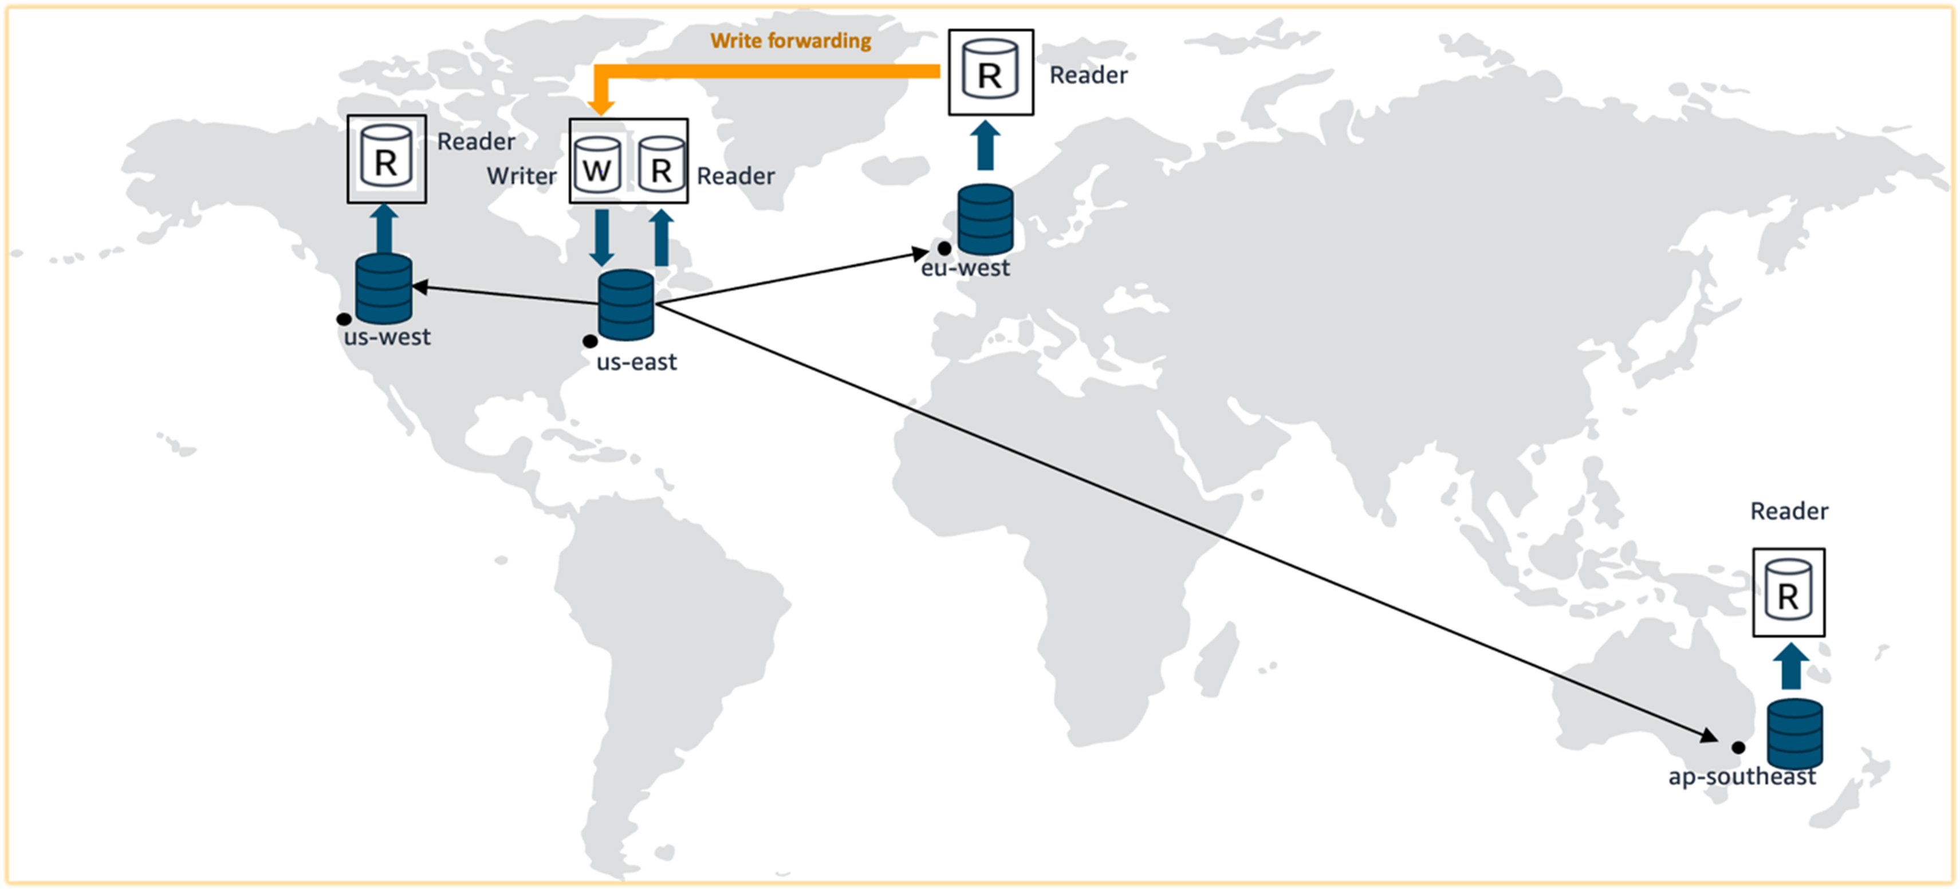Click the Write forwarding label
click(790, 41)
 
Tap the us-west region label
click(387, 337)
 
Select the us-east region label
click(636, 362)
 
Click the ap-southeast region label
click(1742, 777)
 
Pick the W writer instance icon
click(597, 165)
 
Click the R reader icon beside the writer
click(661, 165)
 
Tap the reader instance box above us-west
click(387, 159)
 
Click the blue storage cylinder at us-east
click(625, 305)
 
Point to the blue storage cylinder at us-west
click(384, 289)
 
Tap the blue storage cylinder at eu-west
click(985, 219)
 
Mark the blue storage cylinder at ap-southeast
click(1794, 734)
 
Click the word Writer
click(522, 176)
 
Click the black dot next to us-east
click(590, 341)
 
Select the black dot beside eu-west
click(944, 249)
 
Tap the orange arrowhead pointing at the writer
click(601, 107)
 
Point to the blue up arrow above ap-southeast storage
click(1791, 667)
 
